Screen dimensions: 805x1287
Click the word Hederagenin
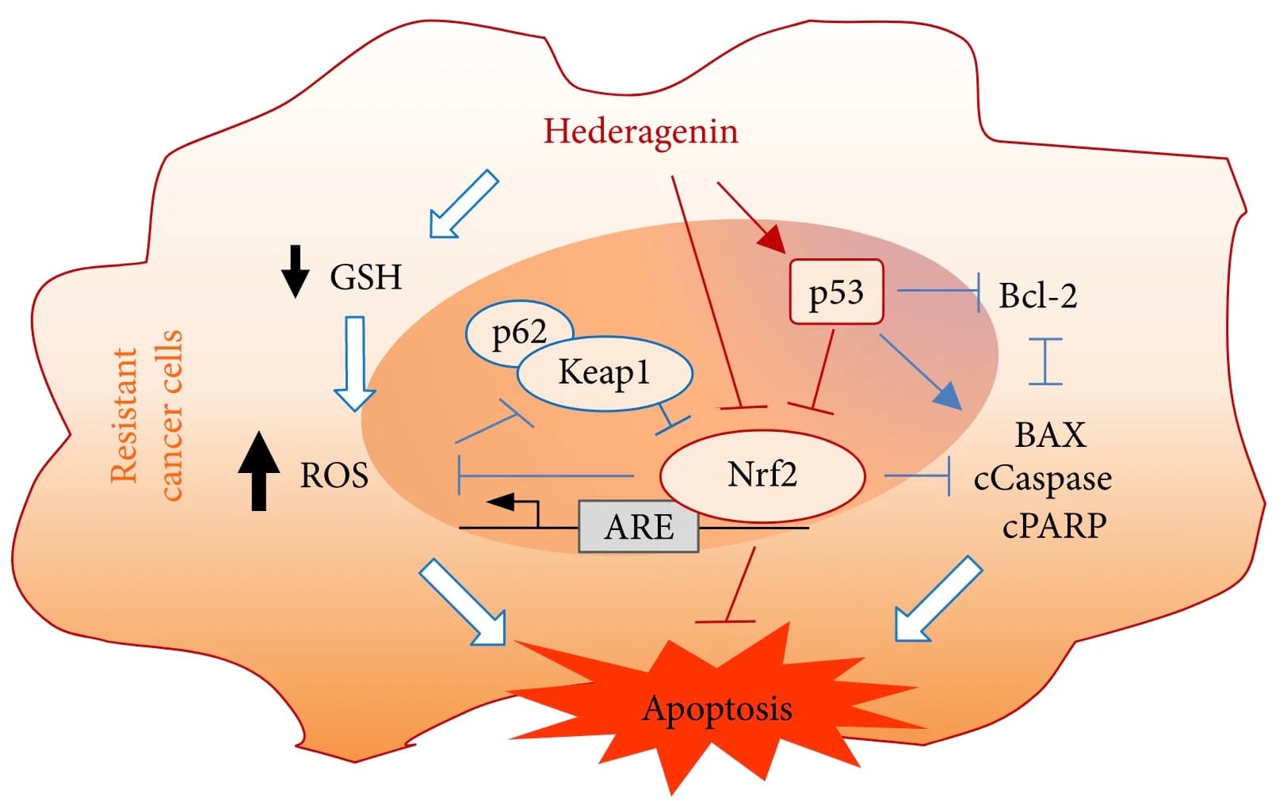[640, 132]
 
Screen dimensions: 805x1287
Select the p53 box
[836, 292]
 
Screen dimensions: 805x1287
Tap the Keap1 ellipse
[605, 372]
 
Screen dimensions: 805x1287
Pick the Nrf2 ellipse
[762, 475]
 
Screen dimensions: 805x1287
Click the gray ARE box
[639, 527]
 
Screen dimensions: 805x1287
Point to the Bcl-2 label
[1037, 296]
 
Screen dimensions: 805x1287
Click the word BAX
[1050, 435]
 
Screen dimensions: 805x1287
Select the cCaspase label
[1042, 479]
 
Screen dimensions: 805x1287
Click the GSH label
[365, 277]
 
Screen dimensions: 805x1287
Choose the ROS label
[334, 476]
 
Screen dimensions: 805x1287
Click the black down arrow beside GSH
[296, 271]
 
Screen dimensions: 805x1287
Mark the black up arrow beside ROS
[258, 471]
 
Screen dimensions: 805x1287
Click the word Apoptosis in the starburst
[716, 708]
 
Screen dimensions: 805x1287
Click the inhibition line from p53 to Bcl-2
[939, 291]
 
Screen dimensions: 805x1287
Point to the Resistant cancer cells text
[147, 415]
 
